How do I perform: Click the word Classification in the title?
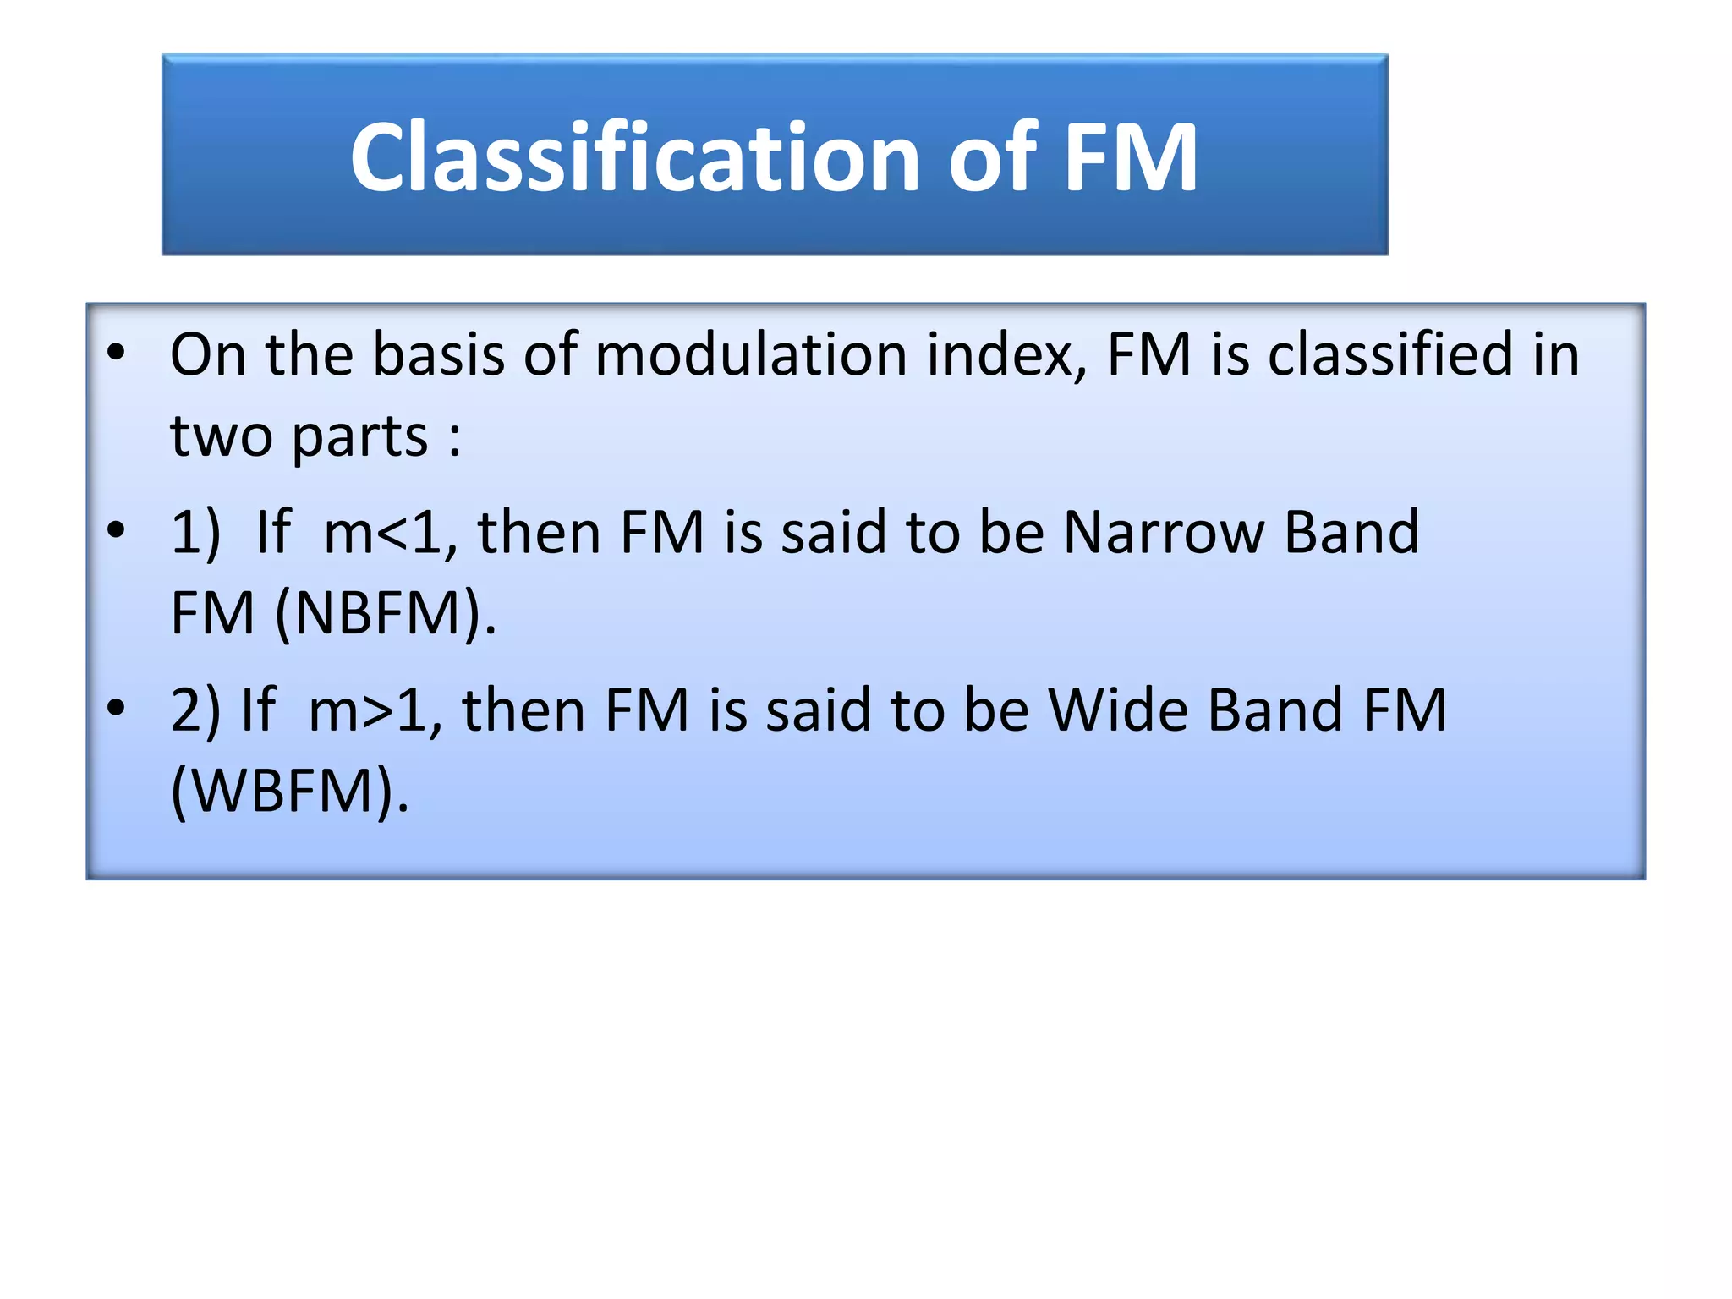coord(634,157)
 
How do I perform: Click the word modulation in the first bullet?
coord(751,354)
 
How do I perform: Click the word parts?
coord(359,438)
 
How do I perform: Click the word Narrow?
coord(1163,533)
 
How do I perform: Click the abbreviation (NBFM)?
coord(386,613)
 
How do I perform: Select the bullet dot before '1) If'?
coord(116,531)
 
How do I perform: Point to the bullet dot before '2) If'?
coord(116,709)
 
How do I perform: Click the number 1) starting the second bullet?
coord(195,533)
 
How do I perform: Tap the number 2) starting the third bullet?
coord(195,710)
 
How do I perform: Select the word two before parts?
coord(221,438)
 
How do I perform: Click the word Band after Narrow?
coord(1351,533)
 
